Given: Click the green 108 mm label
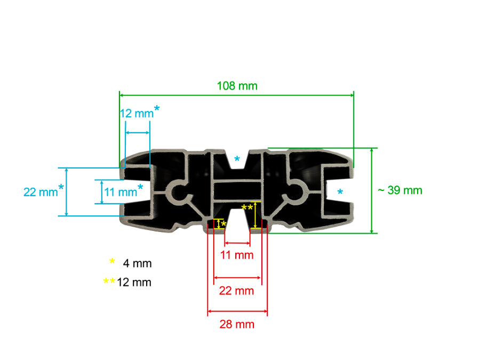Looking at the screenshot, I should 237,85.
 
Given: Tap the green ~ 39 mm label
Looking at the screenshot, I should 399,190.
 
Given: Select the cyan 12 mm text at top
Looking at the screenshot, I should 136,114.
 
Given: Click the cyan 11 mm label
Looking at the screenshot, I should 120,192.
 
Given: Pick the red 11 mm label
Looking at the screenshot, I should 237,255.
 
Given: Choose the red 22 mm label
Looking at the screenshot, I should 237,291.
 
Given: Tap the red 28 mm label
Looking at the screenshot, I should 237,324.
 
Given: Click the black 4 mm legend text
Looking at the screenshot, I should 137,263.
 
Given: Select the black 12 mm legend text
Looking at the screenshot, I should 134,282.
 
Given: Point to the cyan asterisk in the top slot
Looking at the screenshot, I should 237,159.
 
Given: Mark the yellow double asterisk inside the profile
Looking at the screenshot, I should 247,207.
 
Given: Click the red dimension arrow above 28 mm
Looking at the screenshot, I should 237,311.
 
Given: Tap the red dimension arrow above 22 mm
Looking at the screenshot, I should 237,278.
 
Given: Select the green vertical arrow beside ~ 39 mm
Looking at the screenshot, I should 372,190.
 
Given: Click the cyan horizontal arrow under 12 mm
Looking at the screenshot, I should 137,132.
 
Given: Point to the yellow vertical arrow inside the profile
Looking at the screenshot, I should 257,214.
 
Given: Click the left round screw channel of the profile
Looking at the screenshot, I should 179,191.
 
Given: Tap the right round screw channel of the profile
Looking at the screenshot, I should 295,191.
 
